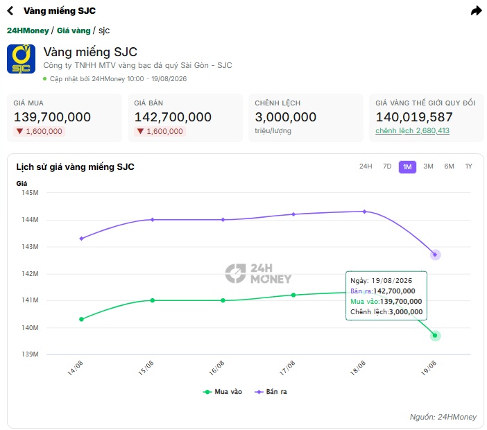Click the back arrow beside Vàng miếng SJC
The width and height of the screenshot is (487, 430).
[10, 11]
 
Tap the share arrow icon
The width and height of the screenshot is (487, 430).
[476, 11]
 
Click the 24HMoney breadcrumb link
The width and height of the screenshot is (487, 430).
[28, 31]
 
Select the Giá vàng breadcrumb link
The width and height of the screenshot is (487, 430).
[74, 31]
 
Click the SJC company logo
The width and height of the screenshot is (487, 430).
[21, 59]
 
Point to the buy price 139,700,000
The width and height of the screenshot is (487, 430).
[52, 117]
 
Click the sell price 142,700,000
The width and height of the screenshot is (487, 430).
[173, 117]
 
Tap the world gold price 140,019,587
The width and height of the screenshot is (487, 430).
[414, 117]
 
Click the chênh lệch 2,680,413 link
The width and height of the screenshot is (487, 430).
[413, 130]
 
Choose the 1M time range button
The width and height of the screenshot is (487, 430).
[407, 167]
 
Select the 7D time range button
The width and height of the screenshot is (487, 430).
[387, 166]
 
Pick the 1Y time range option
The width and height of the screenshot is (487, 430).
[469, 166]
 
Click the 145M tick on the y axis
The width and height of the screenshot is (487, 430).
[30, 193]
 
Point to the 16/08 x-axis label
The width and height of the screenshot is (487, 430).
[216, 368]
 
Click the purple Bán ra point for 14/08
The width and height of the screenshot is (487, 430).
[81, 239]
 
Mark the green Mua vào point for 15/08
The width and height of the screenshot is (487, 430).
[153, 300]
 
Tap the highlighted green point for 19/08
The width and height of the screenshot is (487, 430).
[435, 335]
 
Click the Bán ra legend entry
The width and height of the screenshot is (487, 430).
[271, 392]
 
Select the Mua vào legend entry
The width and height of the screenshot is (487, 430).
[223, 392]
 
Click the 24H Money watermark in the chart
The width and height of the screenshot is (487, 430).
[258, 273]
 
